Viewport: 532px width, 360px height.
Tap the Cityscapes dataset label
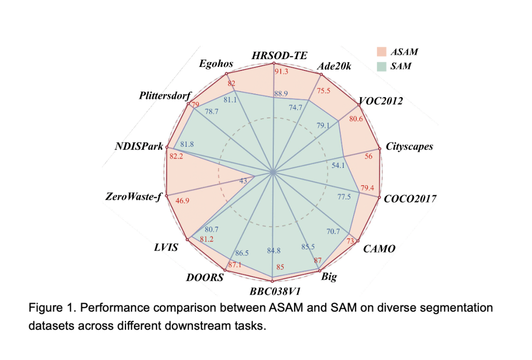pos(409,146)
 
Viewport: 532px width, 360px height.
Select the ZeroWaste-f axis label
pos(133,197)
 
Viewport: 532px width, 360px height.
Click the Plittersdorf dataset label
pos(165,95)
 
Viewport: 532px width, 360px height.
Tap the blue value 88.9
pos(281,94)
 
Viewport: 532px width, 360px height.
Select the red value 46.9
pos(182,200)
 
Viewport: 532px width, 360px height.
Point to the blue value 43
pos(243,181)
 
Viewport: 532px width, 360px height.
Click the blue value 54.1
pos(338,165)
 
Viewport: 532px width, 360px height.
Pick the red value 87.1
pos(235,265)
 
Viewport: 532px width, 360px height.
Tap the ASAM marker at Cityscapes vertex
pos(379,148)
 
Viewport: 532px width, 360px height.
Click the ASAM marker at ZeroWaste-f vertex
pos(166,196)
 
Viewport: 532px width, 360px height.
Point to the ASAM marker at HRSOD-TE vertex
pos(273,64)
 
